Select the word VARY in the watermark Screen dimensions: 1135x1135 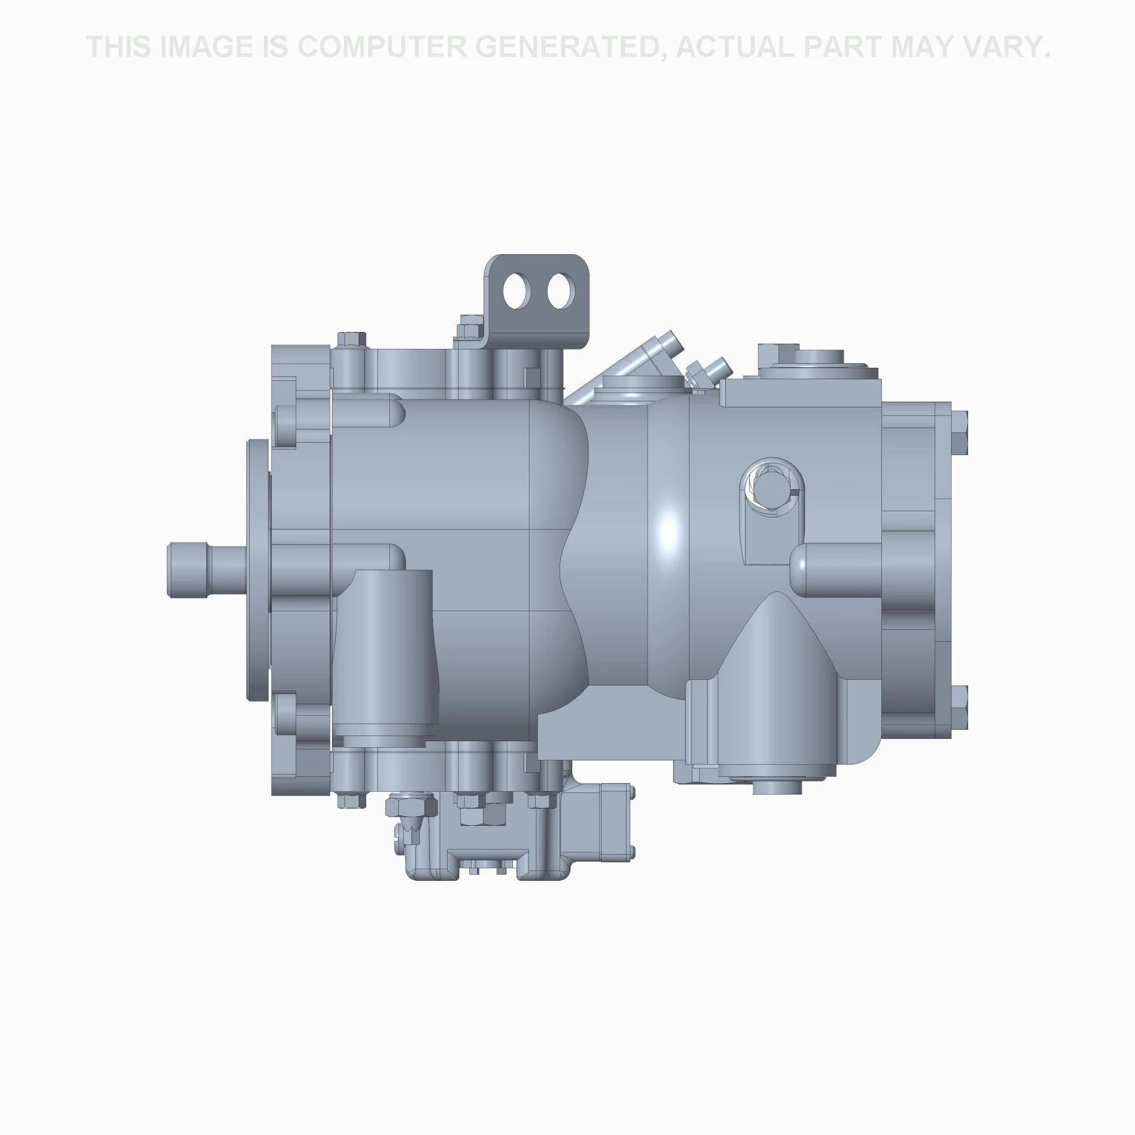point(1008,47)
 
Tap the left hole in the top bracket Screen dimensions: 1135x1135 point(517,291)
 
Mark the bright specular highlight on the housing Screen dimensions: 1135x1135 point(669,529)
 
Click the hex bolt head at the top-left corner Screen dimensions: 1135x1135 point(351,340)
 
